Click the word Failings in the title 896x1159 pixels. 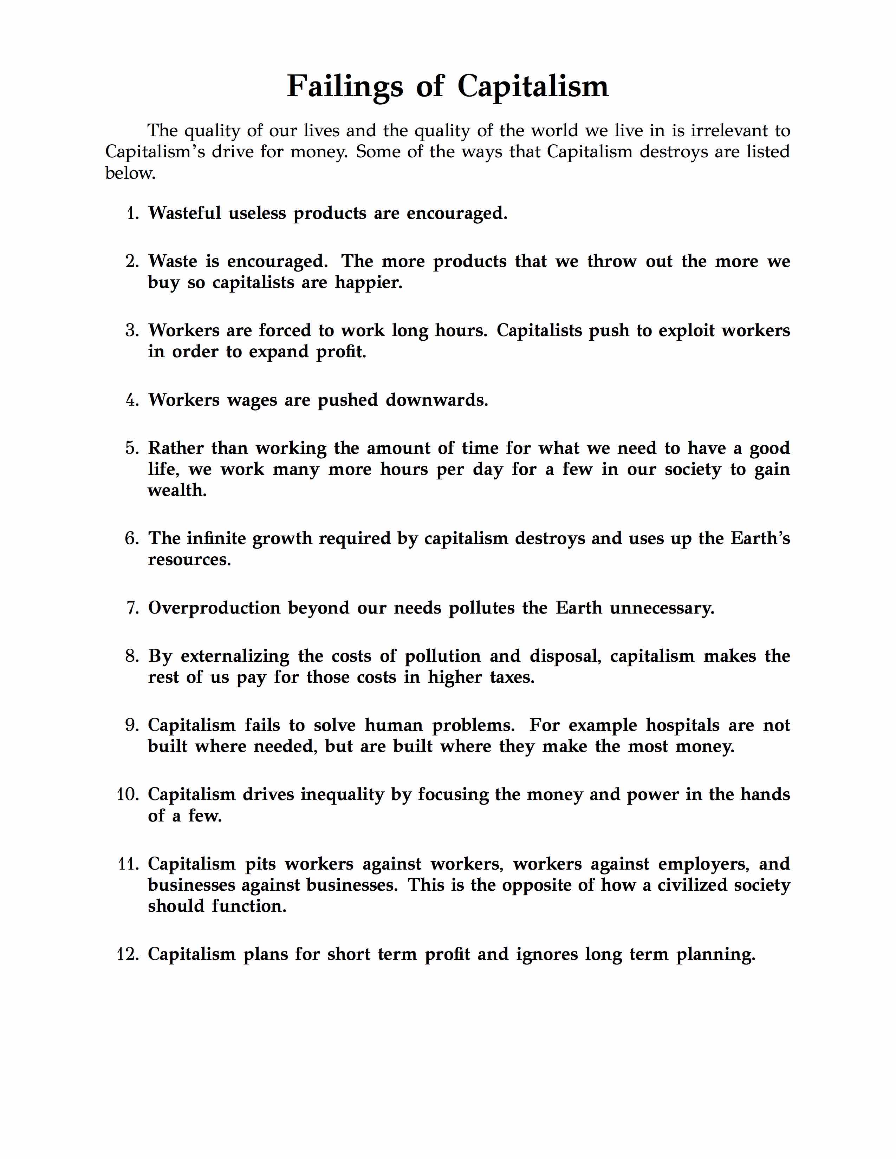pyautogui.click(x=344, y=86)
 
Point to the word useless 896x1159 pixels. pyautogui.click(x=257, y=213)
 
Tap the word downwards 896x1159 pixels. pyautogui.click(x=436, y=400)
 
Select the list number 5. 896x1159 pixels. pyautogui.click(x=132, y=448)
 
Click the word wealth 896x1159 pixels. pyautogui.click(x=177, y=490)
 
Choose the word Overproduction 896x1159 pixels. pyautogui.click(x=214, y=608)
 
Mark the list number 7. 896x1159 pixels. pyautogui.click(x=133, y=608)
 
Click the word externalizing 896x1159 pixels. pyautogui.click(x=235, y=656)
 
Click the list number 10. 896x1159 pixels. pyautogui.click(x=128, y=795)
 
